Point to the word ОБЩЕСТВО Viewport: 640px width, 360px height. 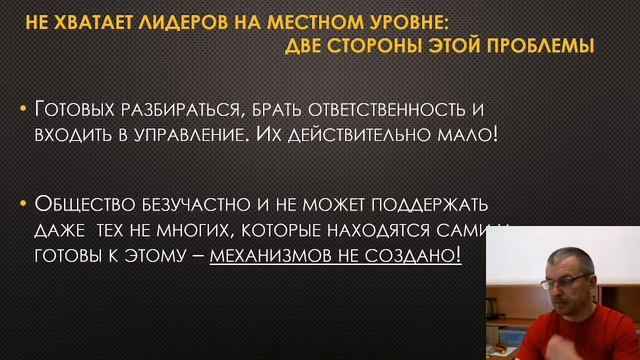pos(83,205)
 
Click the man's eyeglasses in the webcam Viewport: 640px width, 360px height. pos(567,283)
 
